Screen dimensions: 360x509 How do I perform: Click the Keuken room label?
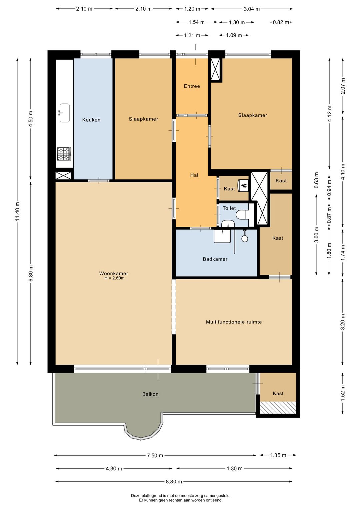click(91, 120)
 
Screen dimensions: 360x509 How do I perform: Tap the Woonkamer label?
click(114, 274)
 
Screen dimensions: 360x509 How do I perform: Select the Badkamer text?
click(215, 259)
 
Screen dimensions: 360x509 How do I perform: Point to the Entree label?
click(192, 86)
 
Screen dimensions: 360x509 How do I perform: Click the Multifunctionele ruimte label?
click(234, 322)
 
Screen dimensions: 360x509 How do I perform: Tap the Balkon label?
click(150, 394)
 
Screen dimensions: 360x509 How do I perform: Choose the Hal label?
click(194, 175)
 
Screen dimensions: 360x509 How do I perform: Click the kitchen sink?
click(64, 113)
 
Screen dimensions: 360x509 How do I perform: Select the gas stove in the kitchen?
click(64, 154)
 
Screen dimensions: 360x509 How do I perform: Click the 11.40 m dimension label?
click(18, 211)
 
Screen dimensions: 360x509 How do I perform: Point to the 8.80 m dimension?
click(174, 481)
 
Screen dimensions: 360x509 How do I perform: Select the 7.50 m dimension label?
click(155, 455)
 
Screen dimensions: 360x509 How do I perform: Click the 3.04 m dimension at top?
click(252, 9)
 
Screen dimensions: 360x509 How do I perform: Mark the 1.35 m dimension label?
click(278, 455)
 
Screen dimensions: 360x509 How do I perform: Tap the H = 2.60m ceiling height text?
click(114, 278)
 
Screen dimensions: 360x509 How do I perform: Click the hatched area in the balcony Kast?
click(278, 407)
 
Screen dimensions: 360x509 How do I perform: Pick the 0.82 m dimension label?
click(281, 22)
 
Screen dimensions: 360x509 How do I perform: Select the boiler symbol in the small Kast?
click(243, 185)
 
